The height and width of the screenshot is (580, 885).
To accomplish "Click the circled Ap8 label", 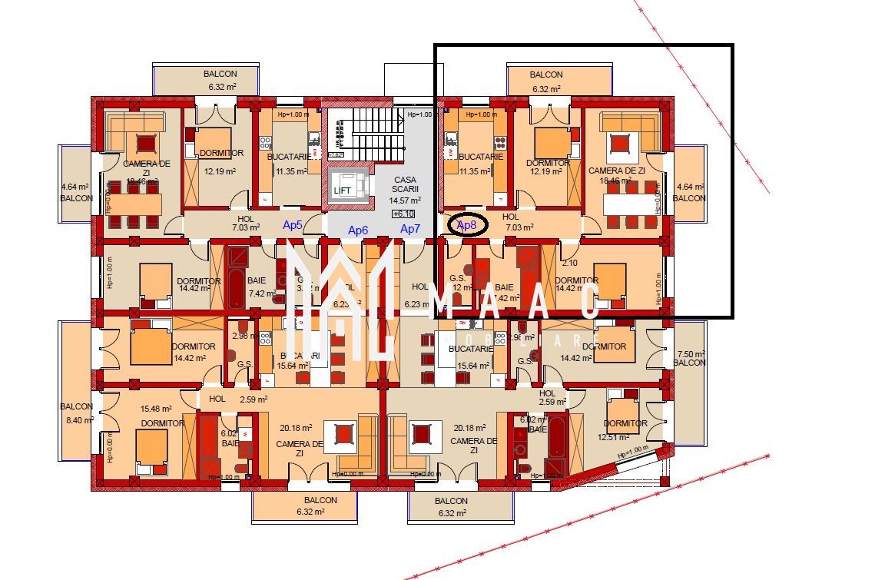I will [x=466, y=225].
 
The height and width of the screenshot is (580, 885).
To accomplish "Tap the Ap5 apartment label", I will [x=293, y=225].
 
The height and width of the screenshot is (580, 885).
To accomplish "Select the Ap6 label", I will [x=358, y=230].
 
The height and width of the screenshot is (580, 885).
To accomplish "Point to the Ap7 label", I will [x=410, y=229].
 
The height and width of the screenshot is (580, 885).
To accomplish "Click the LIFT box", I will [x=342, y=189].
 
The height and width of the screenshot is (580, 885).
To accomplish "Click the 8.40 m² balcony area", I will [x=78, y=420].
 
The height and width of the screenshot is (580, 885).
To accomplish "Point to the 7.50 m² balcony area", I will [x=689, y=354].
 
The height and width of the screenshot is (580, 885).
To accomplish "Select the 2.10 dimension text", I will [x=569, y=263].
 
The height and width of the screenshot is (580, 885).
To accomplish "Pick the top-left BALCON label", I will [x=220, y=74].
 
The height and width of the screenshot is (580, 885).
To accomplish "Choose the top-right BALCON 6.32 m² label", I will [x=546, y=81].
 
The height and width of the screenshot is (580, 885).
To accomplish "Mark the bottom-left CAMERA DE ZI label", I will [x=300, y=449].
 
